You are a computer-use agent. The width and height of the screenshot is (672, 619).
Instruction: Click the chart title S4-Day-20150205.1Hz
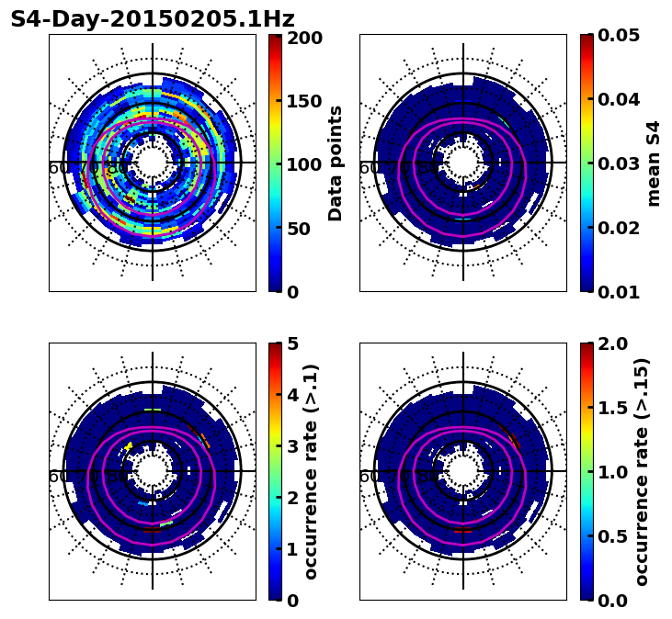pyautogui.click(x=153, y=19)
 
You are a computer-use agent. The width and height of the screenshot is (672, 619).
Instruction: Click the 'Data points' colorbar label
pyautogui.click(x=336, y=163)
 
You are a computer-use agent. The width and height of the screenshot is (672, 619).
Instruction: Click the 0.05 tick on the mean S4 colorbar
pyautogui.click(x=619, y=36)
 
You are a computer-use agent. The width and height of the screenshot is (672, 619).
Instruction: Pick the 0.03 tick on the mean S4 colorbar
pyautogui.click(x=619, y=163)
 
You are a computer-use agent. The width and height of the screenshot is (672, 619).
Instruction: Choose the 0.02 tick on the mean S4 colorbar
pyautogui.click(x=619, y=228)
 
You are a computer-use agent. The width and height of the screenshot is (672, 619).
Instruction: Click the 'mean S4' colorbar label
pyautogui.click(x=654, y=163)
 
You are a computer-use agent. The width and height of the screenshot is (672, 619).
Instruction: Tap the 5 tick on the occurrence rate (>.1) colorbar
pyautogui.click(x=291, y=344)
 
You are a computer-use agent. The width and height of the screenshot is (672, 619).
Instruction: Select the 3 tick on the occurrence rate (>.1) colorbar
pyautogui.click(x=291, y=447)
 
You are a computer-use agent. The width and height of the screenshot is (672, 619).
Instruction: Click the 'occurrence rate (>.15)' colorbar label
pyautogui.click(x=642, y=472)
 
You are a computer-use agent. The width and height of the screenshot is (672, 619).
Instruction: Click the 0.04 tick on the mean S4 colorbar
pyautogui.click(x=619, y=99)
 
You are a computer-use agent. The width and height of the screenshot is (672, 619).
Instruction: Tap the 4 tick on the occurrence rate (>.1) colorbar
pyautogui.click(x=291, y=396)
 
